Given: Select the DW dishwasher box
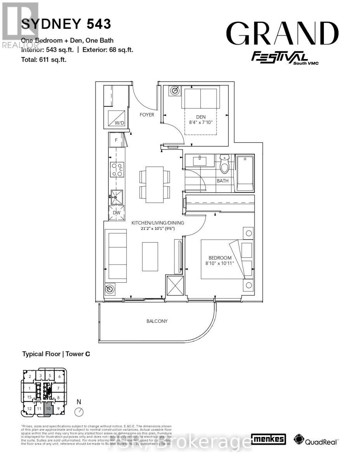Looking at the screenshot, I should click(x=116, y=213).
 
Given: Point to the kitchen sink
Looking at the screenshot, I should click(x=116, y=197).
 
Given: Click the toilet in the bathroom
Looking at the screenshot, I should click(x=225, y=164).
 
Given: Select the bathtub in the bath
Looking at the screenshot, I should click(x=245, y=173).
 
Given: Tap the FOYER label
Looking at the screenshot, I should click(x=147, y=115).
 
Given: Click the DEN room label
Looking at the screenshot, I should click(x=201, y=117).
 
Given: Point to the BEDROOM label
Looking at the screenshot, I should click(x=220, y=258).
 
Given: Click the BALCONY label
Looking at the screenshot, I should click(x=157, y=321).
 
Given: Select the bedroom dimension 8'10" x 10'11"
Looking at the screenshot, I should click(x=220, y=264).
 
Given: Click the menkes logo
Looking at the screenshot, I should click(x=269, y=440).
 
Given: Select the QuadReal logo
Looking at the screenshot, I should click(x=317, y=440).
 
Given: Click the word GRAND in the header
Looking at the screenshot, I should click(x=282, y=34).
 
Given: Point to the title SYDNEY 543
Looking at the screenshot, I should click(x=66, y=24).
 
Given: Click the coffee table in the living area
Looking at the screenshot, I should click(x=150, y=256).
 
